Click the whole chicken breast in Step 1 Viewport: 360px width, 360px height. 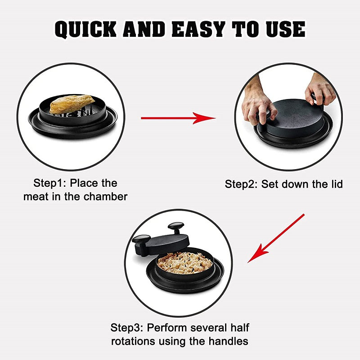72,104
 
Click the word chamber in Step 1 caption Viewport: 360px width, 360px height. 107,197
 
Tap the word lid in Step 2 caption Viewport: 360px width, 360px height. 335,184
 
